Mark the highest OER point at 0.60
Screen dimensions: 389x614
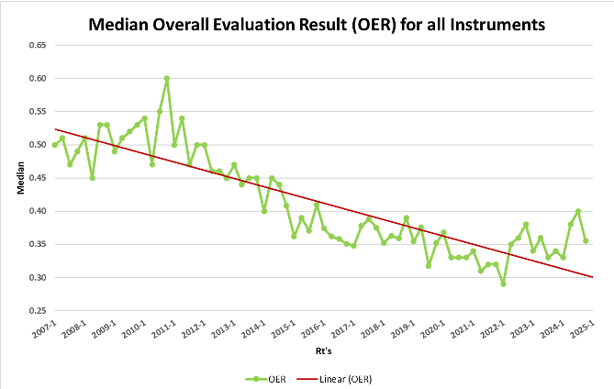[x=167, y=79]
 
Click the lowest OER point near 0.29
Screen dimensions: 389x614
[x=503, y=283]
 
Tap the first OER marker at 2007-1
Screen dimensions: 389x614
[x=55, y=145]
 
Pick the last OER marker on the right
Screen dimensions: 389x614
[x=586, y=240]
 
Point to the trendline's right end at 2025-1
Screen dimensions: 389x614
[x=592, y=276]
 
